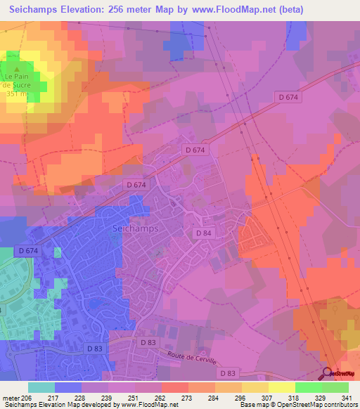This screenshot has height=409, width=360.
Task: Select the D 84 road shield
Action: point(203,233)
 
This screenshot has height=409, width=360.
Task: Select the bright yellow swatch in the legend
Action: point(282,387)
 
